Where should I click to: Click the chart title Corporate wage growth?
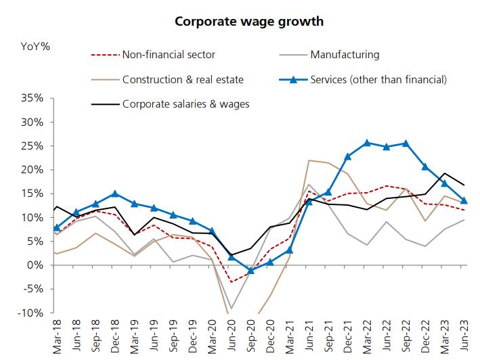248,21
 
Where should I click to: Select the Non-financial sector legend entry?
168,55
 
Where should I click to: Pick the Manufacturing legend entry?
345,55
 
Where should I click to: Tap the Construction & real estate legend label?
183,80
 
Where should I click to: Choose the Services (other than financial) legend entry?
378,80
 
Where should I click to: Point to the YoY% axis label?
35,47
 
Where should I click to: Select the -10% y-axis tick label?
30,313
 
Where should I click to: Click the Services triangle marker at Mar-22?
367,143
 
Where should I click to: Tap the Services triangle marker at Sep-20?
250,271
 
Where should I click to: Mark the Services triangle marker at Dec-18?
115,194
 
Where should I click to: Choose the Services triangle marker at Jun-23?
463,200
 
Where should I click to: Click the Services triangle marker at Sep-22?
406,143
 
